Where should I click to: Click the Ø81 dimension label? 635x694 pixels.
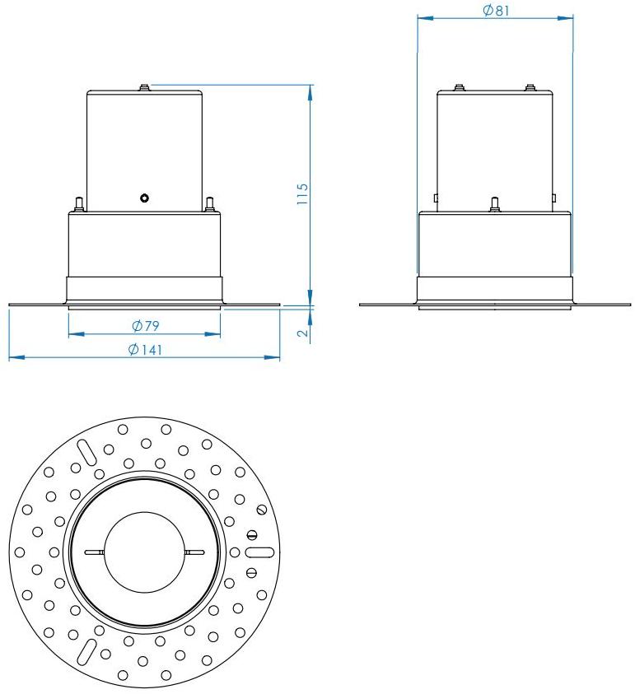click(x=495, y=10)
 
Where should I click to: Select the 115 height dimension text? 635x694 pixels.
click(x=302, y=193)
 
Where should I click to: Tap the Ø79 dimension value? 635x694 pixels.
click(x=145, y=326)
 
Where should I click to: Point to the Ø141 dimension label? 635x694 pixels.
click(x=145, y=350)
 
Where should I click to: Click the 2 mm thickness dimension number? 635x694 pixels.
click(x=302, y=333)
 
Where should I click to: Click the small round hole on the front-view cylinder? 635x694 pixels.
click(x=144, y=198)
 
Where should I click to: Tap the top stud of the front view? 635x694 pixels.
click(x=144, y=85)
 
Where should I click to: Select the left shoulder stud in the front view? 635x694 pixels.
click(x=78, y=203)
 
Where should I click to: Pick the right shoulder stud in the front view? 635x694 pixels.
click(x=210, y=203)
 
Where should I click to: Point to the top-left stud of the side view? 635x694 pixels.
click(x=460, y=86)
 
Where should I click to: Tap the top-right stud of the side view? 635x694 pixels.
click(x=530, y=86)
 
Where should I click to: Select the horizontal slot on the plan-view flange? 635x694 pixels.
click(x=259, y=552)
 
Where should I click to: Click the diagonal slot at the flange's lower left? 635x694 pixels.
click(x=85, y=650)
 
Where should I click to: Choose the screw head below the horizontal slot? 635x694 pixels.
click(x=254, y=572)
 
